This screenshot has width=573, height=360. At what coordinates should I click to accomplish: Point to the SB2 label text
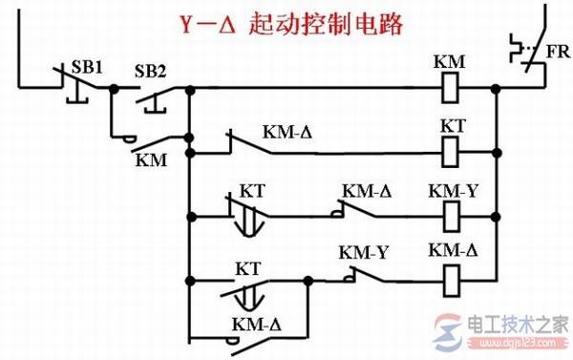pos(150,71)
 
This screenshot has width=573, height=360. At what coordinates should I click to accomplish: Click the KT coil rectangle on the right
pos(448,149)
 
